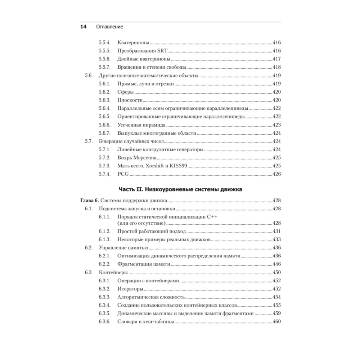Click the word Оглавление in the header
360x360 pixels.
(109, 27)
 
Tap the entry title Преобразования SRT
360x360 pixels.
(141, 50)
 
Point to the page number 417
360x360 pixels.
(276, 59)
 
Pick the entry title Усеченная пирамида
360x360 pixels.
(141, 125)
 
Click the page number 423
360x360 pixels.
(276, 125)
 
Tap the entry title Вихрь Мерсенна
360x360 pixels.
(137, 158)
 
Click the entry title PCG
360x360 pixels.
(123, 174)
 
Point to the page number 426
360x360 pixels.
(276, 174)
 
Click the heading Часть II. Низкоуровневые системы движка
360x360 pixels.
(180, 190)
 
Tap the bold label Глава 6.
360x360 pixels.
(89, 201)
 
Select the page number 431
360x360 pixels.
(276, 231)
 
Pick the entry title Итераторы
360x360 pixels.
(130, 289)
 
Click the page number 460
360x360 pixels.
(276, 321)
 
